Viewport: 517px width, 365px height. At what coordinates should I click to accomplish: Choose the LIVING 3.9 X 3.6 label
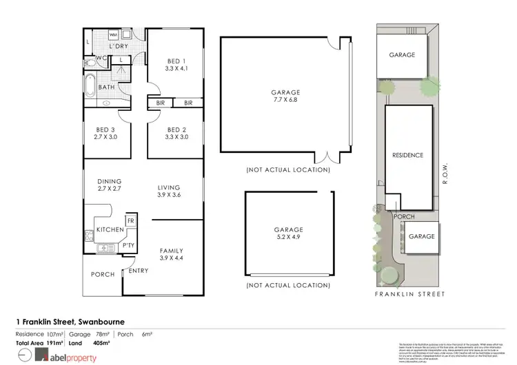[x=168, y=191]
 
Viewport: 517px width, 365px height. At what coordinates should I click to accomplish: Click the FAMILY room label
[x=171, y=253]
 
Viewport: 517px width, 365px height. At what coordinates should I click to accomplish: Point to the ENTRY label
[x=138, y=270]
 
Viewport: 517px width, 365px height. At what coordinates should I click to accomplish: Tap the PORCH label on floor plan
[x=103, y=274]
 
